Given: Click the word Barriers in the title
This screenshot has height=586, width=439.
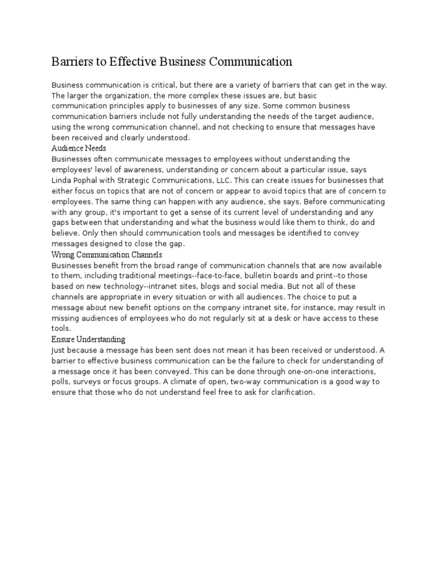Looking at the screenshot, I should (72, 62).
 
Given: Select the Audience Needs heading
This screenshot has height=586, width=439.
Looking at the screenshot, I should (78, 148).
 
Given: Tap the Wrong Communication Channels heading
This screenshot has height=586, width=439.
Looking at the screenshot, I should (107, 254).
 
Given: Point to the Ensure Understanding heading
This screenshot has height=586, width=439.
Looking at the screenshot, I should (88, 339).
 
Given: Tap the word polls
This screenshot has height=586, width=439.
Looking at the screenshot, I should (60, 382).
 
